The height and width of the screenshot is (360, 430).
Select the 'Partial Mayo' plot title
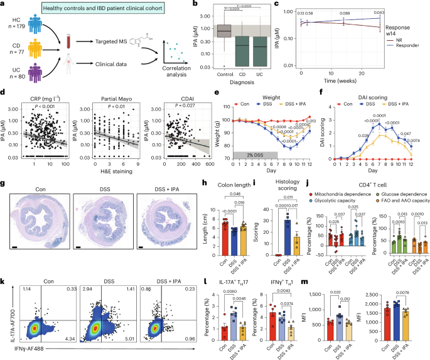117,97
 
